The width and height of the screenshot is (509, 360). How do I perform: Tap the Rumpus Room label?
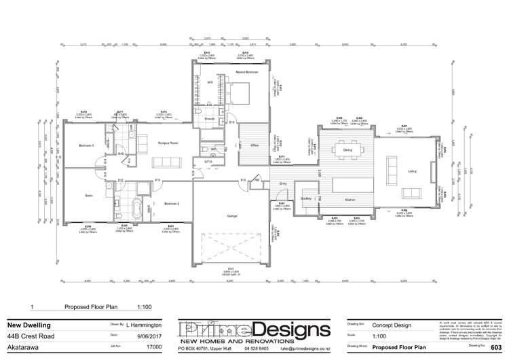(168, 143)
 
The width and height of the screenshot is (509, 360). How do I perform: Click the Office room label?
(254, 145)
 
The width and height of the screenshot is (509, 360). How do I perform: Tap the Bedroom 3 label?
(86, 145)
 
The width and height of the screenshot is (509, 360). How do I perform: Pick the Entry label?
(283, 183)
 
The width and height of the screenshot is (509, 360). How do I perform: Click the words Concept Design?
(391, 325)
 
